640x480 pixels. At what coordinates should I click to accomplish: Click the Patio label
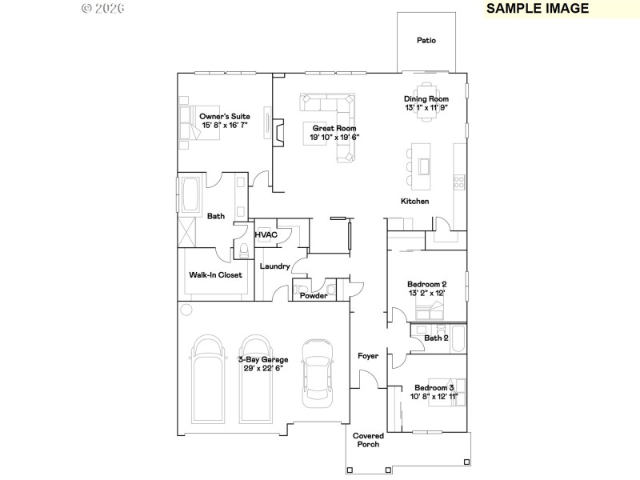(x=426, y=40)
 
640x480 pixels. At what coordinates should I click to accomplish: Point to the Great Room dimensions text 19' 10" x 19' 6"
(x=334, y=137)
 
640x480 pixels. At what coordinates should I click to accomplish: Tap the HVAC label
(x=265, y=235)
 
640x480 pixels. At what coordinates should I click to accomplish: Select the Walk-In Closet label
(x=215, y=274)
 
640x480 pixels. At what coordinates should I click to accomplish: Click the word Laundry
(x=274, y=266)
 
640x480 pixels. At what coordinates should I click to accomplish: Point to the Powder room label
(x=313, y=296)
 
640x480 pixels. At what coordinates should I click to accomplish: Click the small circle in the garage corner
(x=186, y=310)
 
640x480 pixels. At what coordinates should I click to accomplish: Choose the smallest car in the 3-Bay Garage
(x=317, y=372)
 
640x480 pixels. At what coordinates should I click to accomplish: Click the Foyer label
(x=367, y=356)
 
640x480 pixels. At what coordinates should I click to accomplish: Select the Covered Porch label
(x=369, y=440)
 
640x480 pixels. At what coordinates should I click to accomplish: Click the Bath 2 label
(x=436, y=338)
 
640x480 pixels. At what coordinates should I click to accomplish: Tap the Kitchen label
(x=415, y=201)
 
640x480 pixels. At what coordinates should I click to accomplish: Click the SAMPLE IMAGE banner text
(x=538, y=9)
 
